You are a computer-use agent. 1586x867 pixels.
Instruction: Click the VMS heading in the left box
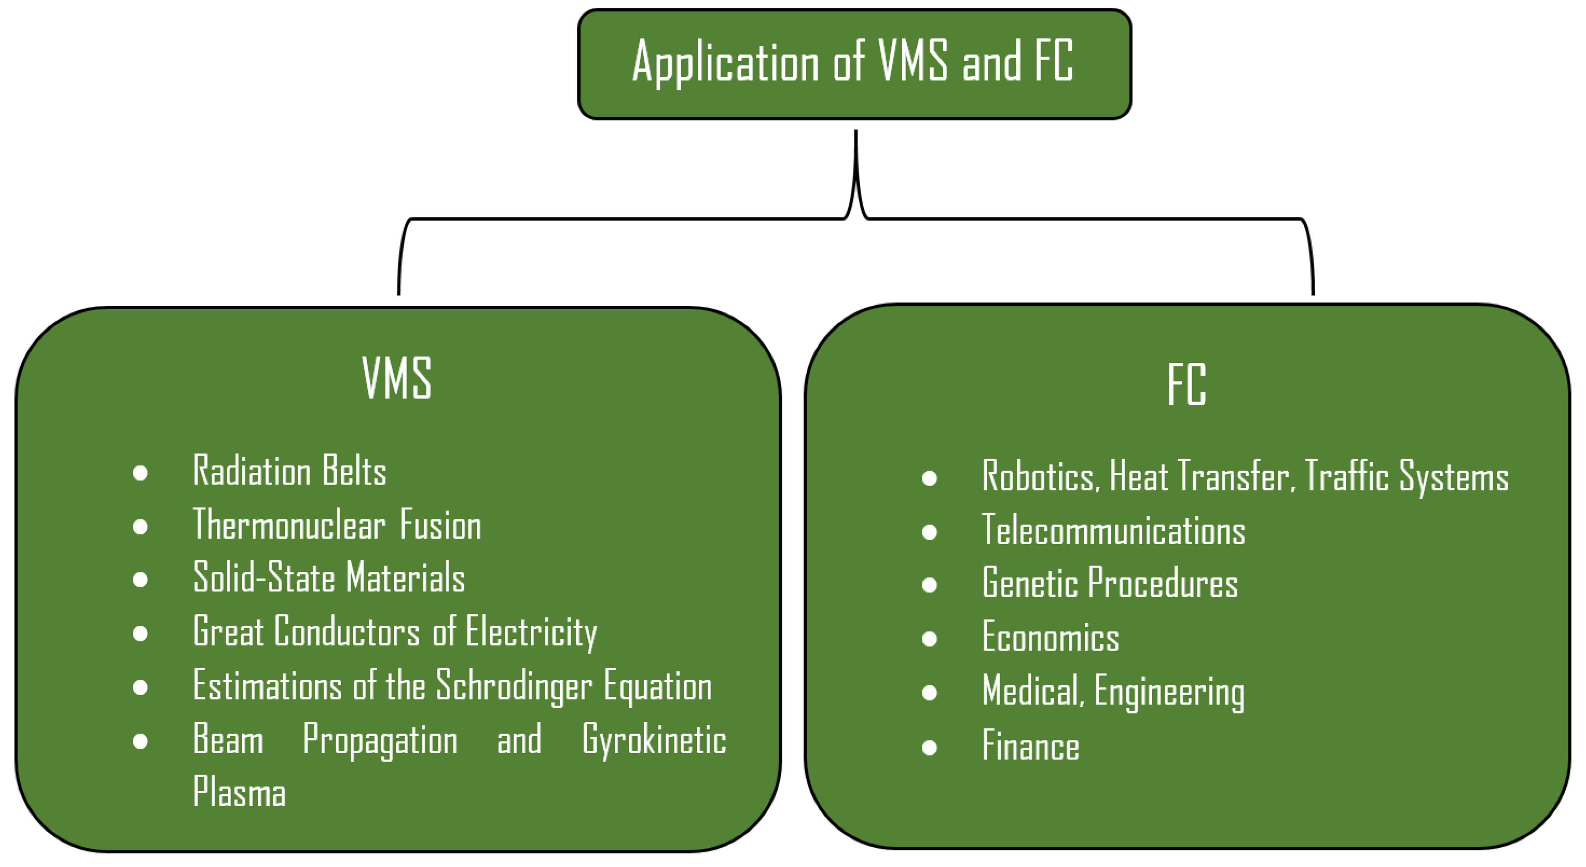pyautogui.click(x=396, y=379)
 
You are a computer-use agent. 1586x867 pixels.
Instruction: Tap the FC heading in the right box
pyautogui.click(x=1186, y=384)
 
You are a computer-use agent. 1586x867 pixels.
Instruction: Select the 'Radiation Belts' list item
pyautogui.click(x=289, y=471)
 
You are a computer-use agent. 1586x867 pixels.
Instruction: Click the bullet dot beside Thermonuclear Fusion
pyautogui.click(x=140, y=527)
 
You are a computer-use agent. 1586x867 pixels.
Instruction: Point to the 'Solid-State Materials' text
pyautogui.click(x=329, y=578)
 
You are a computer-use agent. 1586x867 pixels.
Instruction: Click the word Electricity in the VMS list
pyautogui.click(x=531, y=632)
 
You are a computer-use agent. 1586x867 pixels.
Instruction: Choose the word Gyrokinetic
pyautogui.click(x=654, y=740)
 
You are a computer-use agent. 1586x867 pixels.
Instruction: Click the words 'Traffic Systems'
pyautogui.click(x=1406, y=476)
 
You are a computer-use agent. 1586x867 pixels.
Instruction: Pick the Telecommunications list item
pyautogui.click(x=1113, y=530)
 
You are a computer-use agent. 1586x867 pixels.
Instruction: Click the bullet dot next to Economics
pyautogui.click(x=930, y=639)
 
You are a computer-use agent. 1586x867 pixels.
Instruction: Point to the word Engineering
pyautogui.click(x=1169, y=692)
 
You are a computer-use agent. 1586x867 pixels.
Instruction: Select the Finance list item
pyautogui.click(x=1030, y=746)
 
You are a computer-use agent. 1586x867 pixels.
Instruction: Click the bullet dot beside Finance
pyautogui.click(x=930, y=748)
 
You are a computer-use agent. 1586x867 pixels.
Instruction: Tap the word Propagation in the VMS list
pyautogui.click(x=380, y=740)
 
